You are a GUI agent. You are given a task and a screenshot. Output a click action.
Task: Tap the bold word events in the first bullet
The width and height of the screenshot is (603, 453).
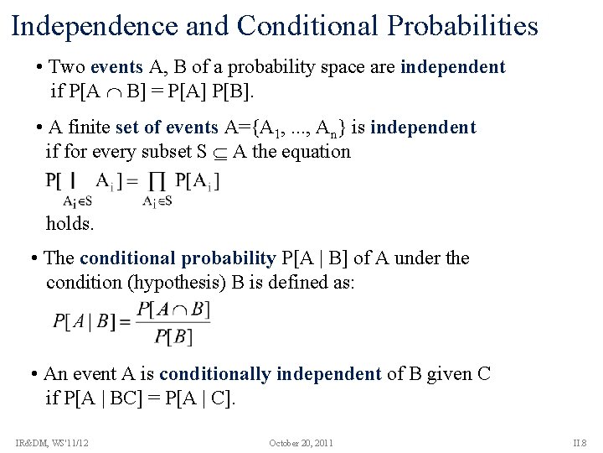point(117,67)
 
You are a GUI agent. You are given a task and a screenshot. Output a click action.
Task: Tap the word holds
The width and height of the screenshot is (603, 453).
point(70,224)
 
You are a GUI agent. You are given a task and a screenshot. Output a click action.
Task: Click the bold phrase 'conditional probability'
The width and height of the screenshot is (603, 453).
point(178,258)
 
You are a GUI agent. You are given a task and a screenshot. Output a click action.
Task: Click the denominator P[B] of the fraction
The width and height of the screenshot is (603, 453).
point(173,336)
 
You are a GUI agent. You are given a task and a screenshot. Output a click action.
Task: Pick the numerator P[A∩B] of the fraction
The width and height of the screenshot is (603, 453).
point(173,309)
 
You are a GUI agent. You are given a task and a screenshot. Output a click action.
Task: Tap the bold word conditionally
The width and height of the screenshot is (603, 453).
point(214,374)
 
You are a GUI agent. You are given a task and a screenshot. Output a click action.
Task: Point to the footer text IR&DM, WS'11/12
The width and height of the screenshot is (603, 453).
point(52,442)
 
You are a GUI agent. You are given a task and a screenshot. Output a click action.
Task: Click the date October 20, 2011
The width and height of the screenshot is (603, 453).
point(301,442)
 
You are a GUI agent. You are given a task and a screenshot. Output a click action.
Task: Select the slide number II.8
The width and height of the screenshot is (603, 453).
point(580,442)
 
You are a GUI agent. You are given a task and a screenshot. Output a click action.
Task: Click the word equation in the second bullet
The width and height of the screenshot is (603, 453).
point(316,152)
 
